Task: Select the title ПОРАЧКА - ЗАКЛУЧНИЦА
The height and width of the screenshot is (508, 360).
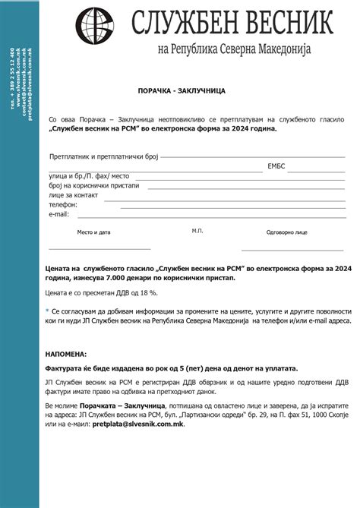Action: pyautogui.click(x=192, y=90)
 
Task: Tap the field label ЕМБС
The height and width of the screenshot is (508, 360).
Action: pyautogui.click(x=276, y=166)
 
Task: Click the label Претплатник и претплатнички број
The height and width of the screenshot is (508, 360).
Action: pyautogui.click(x=103, y=156)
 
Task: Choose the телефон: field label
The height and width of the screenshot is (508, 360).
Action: pyautogui.click(x=63, y=205)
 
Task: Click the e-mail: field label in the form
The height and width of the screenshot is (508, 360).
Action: pyautogui.click(x=59, y=214)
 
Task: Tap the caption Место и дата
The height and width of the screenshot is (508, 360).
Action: pyautogui.click(x=93, y=232)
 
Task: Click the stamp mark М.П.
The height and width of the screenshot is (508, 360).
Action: pyautogui.click(x=197, y=230)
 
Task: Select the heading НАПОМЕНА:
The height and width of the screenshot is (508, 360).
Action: pyautogui.click(x=66, y=354)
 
